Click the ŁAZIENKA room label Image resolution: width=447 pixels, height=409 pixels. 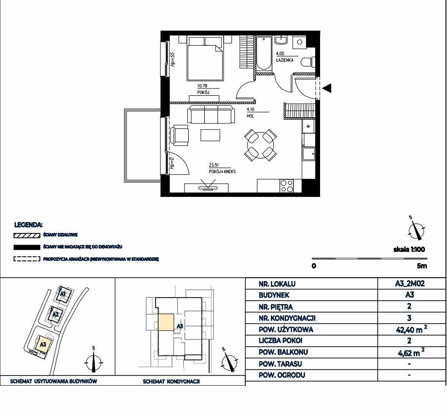[285, 60]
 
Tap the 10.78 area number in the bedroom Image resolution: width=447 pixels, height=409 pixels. [202, 86]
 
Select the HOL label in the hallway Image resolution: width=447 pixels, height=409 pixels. [250, 116]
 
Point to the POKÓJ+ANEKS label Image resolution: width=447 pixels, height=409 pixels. [222, 172]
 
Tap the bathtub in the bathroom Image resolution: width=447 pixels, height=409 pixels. [264, 53]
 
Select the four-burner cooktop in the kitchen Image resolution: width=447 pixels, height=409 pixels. [286, 186]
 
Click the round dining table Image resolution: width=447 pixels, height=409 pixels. [260, 145]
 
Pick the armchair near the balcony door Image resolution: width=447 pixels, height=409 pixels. [179, 135]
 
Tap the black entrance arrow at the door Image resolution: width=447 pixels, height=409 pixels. [327, 88]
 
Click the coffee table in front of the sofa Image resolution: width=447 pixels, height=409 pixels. [211, 135]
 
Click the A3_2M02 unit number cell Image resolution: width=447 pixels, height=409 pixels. [410, 284]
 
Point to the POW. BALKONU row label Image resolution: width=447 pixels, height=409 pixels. [283, 352]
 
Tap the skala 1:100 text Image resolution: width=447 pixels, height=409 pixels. [409, 249]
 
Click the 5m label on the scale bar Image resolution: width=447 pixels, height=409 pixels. [422, 266]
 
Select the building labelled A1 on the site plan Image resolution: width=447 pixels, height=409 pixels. [63, 294]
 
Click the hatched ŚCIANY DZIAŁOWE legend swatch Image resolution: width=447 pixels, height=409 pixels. [27, 236]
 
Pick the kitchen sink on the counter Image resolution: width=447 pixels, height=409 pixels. [309, 154]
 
